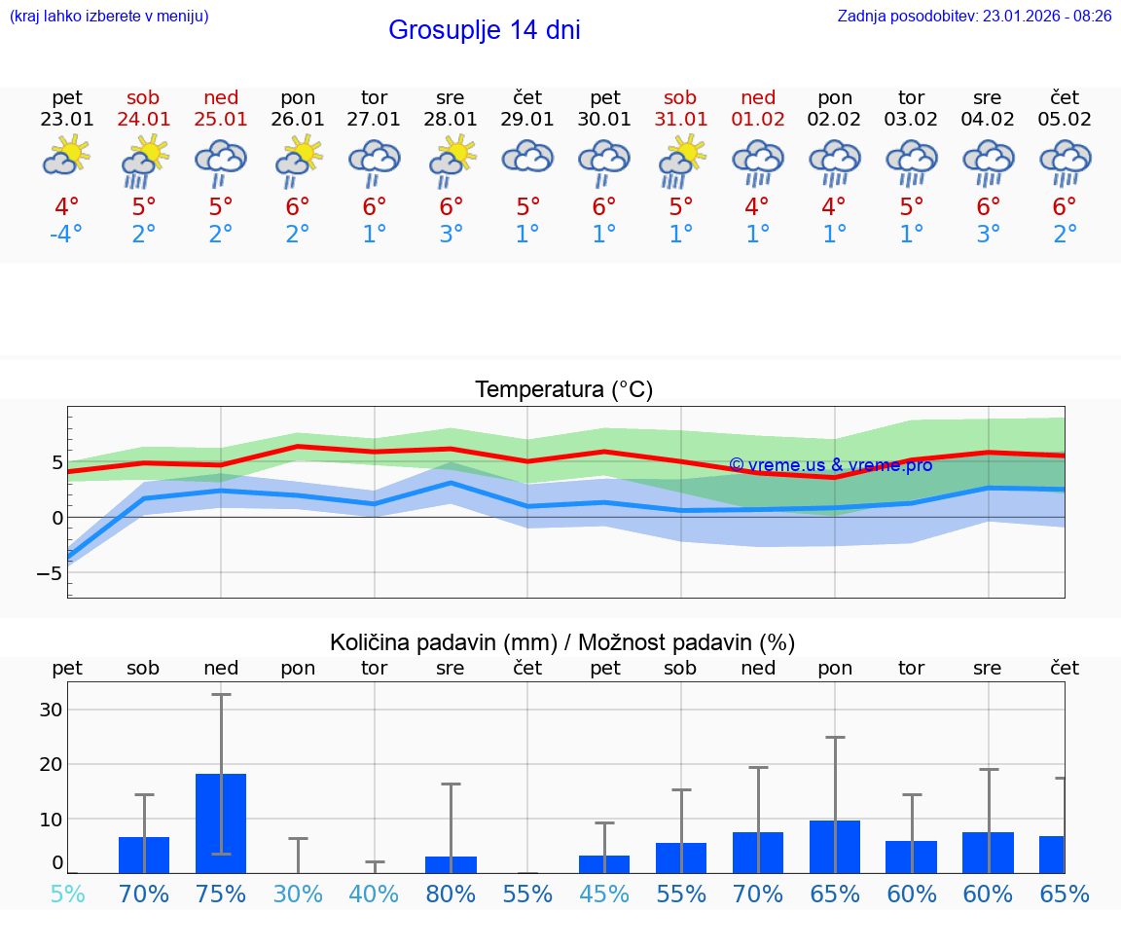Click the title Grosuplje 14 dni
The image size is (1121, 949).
(x=484, y=30)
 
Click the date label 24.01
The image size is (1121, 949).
(x=144, y=120)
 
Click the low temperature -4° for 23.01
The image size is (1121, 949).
(x=66, y=235)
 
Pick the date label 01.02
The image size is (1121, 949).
(x=758, y=120)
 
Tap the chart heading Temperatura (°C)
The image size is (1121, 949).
(x=563, y=390)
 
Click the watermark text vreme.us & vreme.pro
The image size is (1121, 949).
(x=831, y=465)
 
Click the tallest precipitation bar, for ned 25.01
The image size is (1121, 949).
(x=221, y=823)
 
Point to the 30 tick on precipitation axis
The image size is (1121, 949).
(x=51, y=710)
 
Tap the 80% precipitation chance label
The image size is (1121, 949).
(x=451, y=894)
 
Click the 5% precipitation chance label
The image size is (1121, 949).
(x=67, y=894)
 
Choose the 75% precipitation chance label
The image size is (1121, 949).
(x=221, y=894)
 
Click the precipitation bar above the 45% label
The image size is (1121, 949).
(x=604, y=863)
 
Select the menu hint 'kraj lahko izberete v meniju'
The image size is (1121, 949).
(x=109, y=16)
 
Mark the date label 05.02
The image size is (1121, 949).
(x=1065, y=120)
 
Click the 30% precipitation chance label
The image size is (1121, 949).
(x=298, y=894)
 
